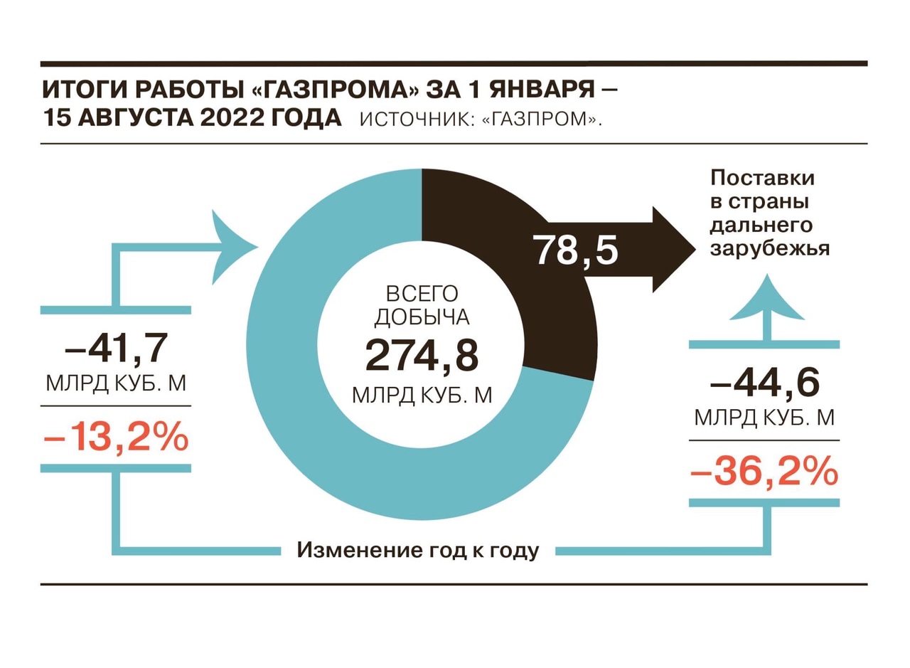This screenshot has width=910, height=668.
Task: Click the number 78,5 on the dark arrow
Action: click(577, 250)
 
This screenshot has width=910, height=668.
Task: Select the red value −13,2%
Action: click(116, 438)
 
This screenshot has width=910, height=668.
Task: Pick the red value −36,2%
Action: click(764, 472)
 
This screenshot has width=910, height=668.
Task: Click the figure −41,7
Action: click(116, 348)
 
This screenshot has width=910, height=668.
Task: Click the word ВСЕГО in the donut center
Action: click(422, 294)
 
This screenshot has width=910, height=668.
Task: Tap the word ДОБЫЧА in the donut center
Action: click(422, 318)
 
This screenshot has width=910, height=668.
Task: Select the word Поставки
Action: click(763, 178)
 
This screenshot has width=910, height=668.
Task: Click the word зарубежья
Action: click(770, 249)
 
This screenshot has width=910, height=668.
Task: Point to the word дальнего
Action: click(761, 226)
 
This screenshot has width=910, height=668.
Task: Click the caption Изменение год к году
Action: click(418, 550)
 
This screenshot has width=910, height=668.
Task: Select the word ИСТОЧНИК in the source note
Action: click(414, 120)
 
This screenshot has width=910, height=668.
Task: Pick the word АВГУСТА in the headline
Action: click(135, 118)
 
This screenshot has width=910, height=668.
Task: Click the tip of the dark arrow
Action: click(695, 249)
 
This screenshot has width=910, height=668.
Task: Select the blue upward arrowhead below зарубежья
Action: click(766, 297)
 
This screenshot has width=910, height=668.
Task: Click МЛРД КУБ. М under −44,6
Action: click(764, 417)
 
